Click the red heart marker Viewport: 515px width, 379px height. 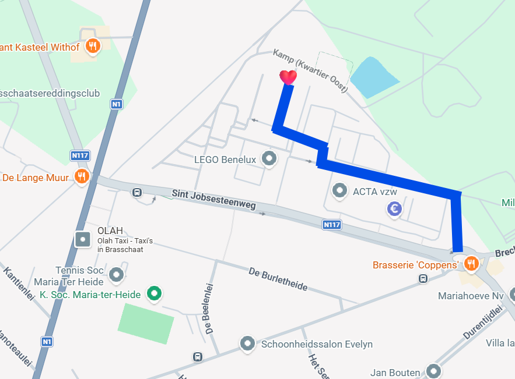(x=288, y=77)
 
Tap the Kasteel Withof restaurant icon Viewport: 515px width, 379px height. (x=92, y=46)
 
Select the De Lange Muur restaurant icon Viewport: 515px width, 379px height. (x=82, y=176)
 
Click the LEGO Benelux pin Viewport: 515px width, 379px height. (x=269, y=158)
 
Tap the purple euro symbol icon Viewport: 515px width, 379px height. (x=395, y=209)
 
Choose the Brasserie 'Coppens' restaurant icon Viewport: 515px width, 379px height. (x=471, y=264)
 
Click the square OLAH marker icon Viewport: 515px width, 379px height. (x=83, y=239)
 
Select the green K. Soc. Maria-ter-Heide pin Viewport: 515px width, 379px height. (x=154, y=293)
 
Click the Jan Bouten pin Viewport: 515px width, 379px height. (x=433, y=371)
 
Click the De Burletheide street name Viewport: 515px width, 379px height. (x=278, y=280)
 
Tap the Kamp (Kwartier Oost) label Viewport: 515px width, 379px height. (x=310, y=70)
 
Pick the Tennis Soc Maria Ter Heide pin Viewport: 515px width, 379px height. (x=117, y=274)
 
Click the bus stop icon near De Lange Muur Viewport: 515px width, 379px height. (x=136, y=192)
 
